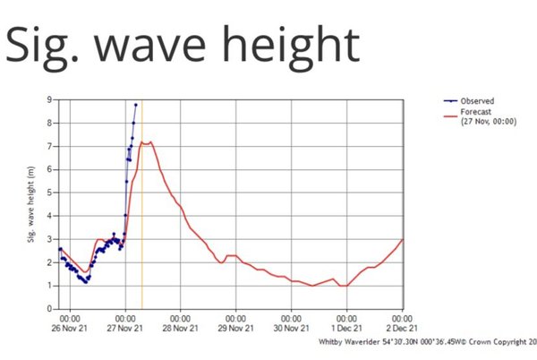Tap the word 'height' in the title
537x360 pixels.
295,46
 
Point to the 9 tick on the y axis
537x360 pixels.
50,99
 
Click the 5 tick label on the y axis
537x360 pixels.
50,193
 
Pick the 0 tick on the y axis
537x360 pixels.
50,309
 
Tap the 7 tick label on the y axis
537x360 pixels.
50,146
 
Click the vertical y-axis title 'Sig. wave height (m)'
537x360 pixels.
30,204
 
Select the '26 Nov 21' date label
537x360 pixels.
69,328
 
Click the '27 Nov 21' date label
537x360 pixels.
125,328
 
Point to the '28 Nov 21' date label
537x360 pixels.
181,328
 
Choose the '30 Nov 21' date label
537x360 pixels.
292,328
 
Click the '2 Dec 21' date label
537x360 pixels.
402,328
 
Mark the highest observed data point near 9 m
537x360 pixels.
135,104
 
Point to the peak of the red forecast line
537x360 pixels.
151,141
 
